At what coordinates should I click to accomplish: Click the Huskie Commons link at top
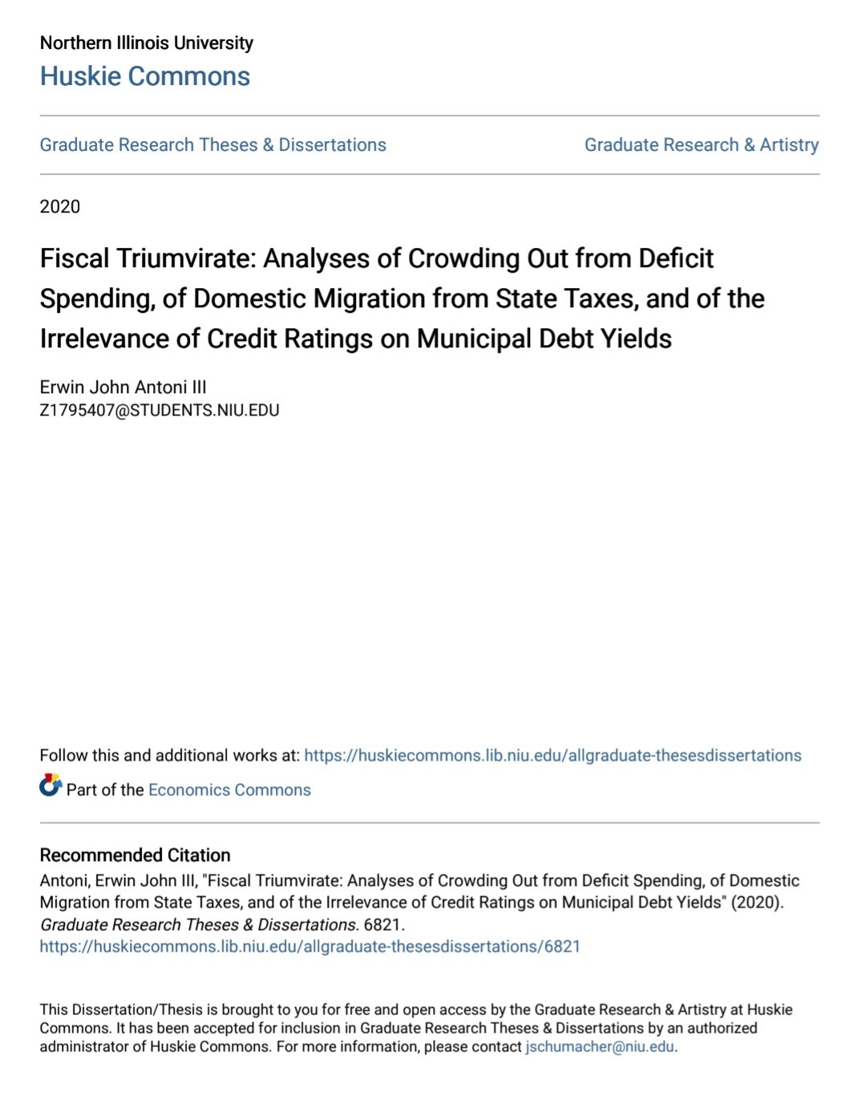click(x=145, y=76)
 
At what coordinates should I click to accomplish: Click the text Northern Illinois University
click(x=147, y=43)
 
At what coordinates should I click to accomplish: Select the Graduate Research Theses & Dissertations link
click(x=213, y=145)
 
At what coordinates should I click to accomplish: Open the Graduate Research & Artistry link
click(x=702, y=145)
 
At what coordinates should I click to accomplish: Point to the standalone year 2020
click(x=60, y=207)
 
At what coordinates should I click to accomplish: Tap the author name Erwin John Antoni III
click(x=123, y=387)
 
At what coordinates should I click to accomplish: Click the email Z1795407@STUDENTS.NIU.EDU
click(x=160, y=411)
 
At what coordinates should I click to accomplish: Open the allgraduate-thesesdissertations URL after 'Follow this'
click(x=552, y=756)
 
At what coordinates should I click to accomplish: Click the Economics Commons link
click(x=229, y=790)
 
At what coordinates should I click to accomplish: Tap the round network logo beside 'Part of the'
click(x=51, y=785)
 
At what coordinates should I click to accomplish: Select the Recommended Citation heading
click(x=135, y=855)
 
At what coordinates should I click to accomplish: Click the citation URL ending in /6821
click(x=310, y=947)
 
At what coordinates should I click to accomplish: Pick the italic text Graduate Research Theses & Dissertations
click(x=198, y=925)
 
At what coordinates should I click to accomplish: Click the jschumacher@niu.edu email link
click(x=600, y=1047)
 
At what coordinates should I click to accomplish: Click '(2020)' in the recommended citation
click(x=756, y=903)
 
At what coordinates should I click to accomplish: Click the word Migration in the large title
click(x=369, y=298)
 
